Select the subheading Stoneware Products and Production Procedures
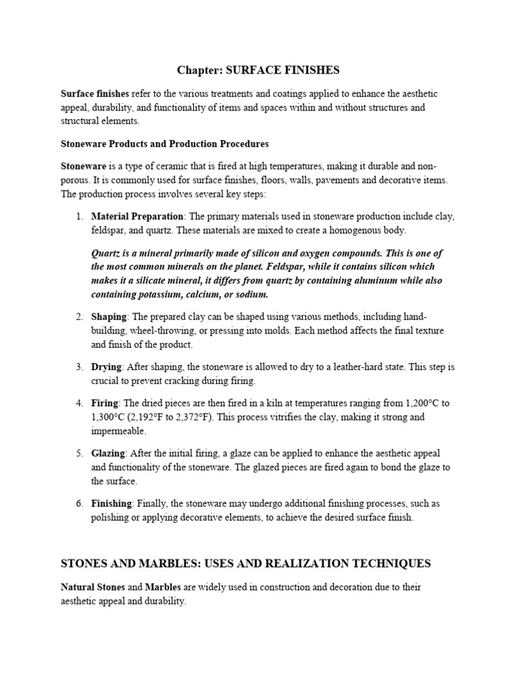(x=165, y=144)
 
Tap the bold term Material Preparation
(x=137, y=216)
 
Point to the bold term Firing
(x=104, y=403)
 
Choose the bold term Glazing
(x=108, y=453)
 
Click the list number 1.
(x=79, y=216)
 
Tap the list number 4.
(x=79, y=403)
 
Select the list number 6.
(x=79, y=503)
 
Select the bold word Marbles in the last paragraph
(x=166, y=588)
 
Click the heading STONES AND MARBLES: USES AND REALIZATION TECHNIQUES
(x=246, y=563)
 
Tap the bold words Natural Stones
(x=92, y=588)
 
